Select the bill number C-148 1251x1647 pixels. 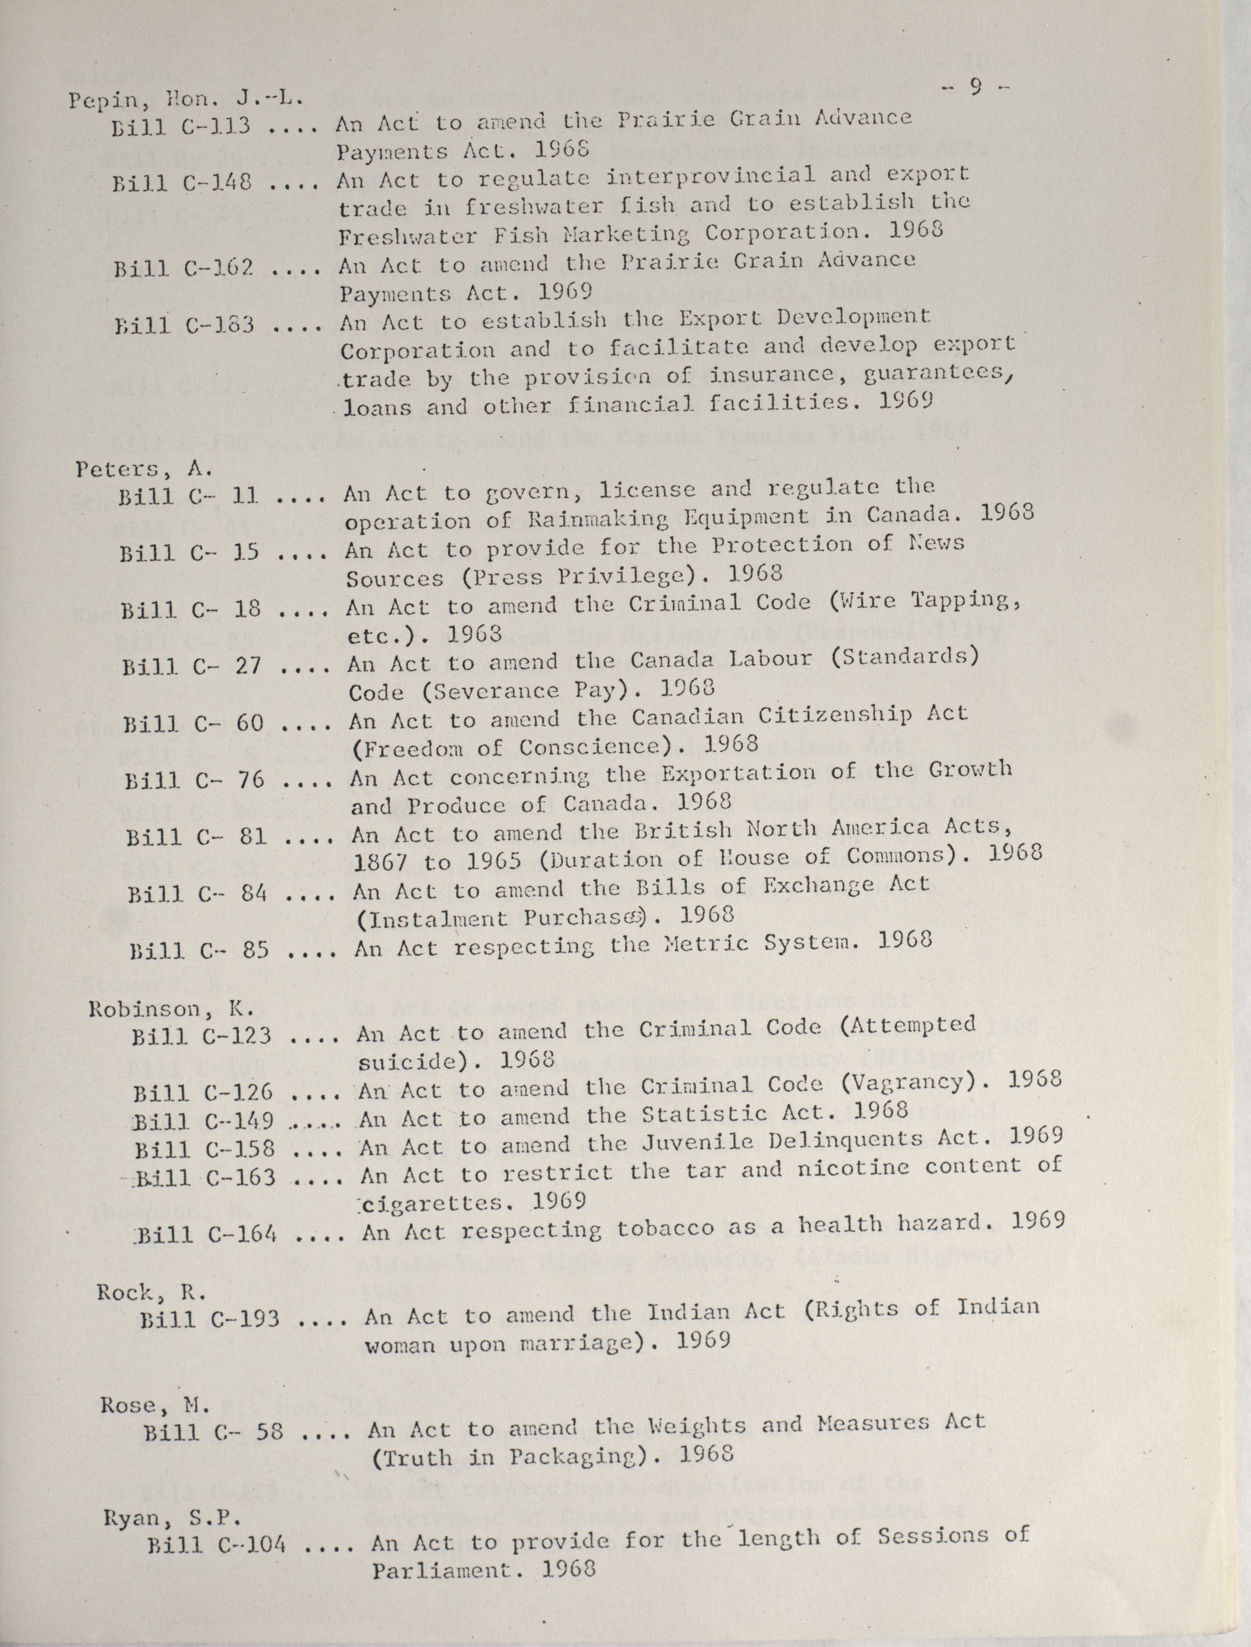[x=215, y=182]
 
